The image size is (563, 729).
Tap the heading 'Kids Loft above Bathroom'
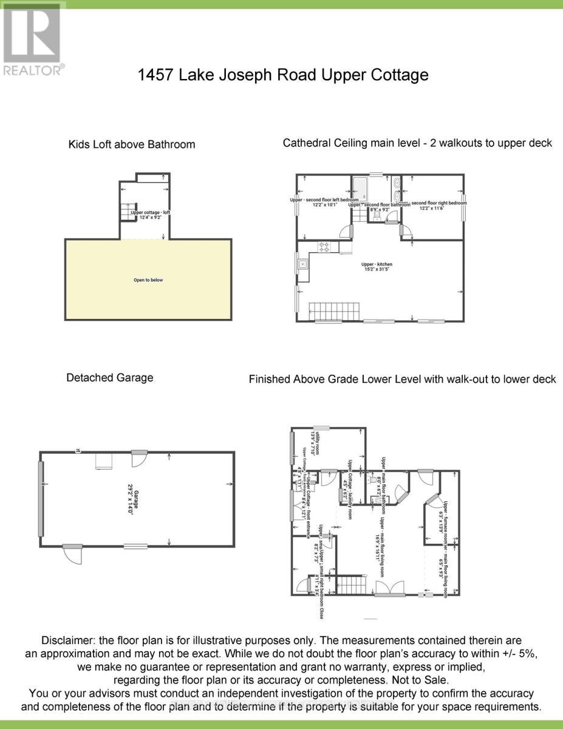(x=132, y=145)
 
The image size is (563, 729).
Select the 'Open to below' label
(x=148, y=280)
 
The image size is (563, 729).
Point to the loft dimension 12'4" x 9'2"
(x=146, y=217)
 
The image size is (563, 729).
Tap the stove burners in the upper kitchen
(x=324, y=247)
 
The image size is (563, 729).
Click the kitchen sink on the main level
(x=302, y=264)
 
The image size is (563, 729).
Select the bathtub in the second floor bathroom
(x=361, y=190)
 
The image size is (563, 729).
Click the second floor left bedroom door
(x=347, y=231)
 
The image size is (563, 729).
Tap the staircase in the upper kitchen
(x=333, y=310)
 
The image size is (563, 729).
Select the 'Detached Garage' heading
(x=109, y=378)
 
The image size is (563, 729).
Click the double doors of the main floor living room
(x=390, y=588)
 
